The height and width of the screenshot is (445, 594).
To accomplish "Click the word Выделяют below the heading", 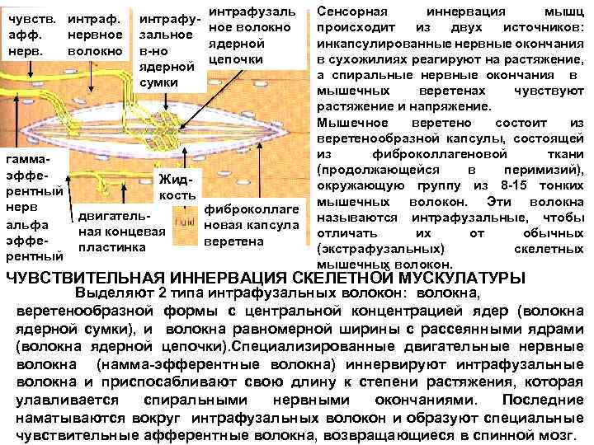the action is [112, 294].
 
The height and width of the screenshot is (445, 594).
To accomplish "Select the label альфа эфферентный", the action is [32, 240].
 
